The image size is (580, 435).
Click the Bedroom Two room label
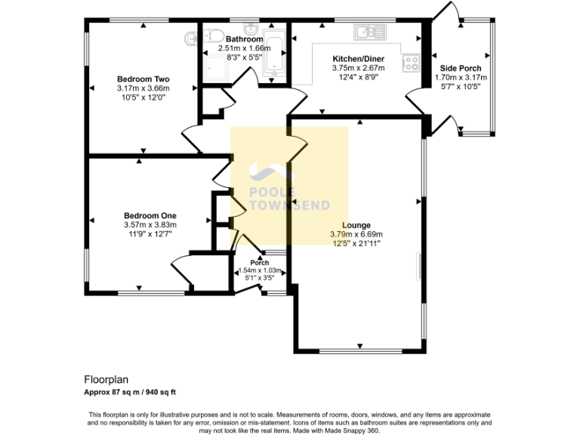coord(143,79)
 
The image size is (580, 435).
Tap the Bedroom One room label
coord(150,215)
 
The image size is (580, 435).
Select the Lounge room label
coord(356,225)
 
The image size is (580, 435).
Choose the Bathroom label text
coord(244,39)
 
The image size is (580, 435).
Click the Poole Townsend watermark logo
coord(289,187)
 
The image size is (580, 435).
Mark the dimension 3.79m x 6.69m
coord(356,234)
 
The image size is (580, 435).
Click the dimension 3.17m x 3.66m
coord(143,88)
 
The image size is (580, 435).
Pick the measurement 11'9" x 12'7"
coord(150,233)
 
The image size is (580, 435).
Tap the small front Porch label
coord(259,263)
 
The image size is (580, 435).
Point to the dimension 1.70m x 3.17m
coord(463,77)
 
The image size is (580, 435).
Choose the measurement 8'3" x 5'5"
coord(244,57)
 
